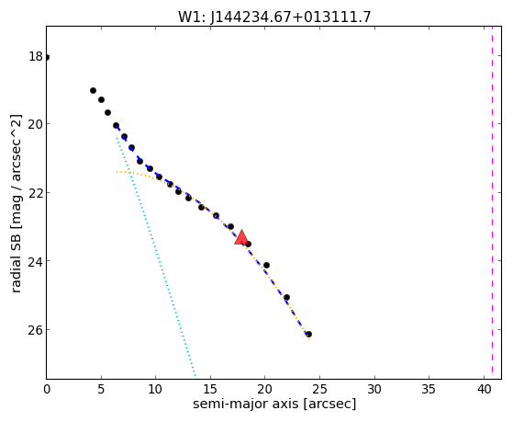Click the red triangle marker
pyautogui.click(x=241, y=238)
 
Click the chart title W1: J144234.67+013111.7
pyautogui.click(x=274, y=17)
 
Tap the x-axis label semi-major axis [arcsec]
pyautogui.click(x=274, y=404)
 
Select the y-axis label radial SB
pyautogui.click(x=16, y=259)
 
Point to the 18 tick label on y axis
pyautogui.click(x=36, y=56)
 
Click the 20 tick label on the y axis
pyautogui.click(x=36, y=124)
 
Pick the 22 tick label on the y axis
pyautogui.click(x=36, y=192)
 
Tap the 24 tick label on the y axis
pyautogui.click(x=36, y=261)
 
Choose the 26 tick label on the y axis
pyautogui.click(x=36, y=329)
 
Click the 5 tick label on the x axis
pyautogui.click(x=101, y=389)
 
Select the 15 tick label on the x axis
pyautogui.click(x=210, y=389)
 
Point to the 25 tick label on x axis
pyautogui.click(x=319, y=389)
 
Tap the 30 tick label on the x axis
pyautogui.click(x=374, y=389)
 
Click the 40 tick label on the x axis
pyautogui.click(x=484, y=389)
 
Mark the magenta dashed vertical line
pyautogui.click(x=492, y=202)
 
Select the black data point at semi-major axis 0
pyautogui.click(x=47, y=58)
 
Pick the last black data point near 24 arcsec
pyautogui.click(x=308, y=334)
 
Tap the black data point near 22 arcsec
pyautogui.click(x=286, y=297)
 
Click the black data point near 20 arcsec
pyautogui.click(x=266, y=265)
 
